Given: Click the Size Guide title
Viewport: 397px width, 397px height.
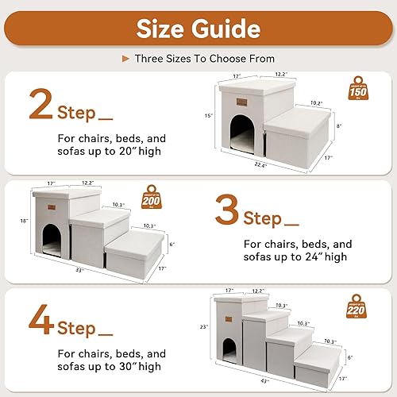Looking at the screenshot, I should click(x=198, y=30).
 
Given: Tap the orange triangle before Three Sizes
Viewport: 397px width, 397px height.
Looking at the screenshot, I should click(x=125, y=59).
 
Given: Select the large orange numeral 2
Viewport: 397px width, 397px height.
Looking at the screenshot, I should click(x=40, y=105).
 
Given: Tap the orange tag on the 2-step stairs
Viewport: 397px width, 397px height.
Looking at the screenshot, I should click(x=245, y=99).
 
